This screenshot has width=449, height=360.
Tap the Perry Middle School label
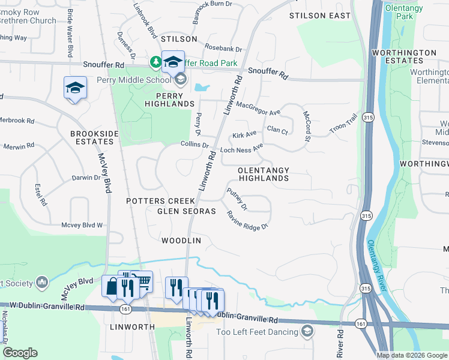tap(143, 80)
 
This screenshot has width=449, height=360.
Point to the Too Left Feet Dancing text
tap(258, 332)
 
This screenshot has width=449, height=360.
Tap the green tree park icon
tap(155, 62)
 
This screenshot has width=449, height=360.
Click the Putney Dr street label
tap(237, 199)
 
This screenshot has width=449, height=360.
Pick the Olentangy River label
tap(373, 264)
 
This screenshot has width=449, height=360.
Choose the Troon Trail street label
tap(343, 124)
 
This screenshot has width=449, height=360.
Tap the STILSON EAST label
tap(319, 16)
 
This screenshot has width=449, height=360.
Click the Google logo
tap(19, 353)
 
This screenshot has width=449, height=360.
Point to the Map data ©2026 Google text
tap(411, 355)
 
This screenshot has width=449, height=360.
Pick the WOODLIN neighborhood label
tap(181, 241)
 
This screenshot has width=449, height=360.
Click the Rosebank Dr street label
tap(223, 49)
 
